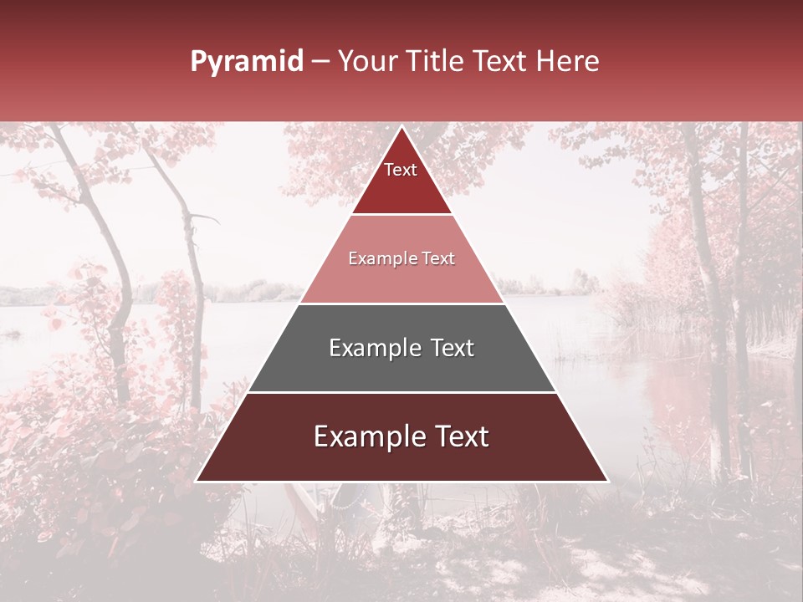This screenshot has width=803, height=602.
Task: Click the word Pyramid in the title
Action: click(247, 62)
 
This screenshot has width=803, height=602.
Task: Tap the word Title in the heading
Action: click(437, 61)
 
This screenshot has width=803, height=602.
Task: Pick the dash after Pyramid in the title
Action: click(320, 62)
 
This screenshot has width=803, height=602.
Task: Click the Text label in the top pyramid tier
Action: click(401, 170)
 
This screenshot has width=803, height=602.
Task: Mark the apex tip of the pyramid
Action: click(401, 127)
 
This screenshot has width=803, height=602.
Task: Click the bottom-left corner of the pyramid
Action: click(197, 481)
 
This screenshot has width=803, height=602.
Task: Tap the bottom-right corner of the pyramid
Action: click(607, 481)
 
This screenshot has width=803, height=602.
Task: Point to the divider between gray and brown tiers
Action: click(401, 392)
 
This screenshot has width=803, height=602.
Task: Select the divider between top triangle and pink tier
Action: click(401, 215)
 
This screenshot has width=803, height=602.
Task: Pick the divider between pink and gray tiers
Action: click(401, 304)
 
